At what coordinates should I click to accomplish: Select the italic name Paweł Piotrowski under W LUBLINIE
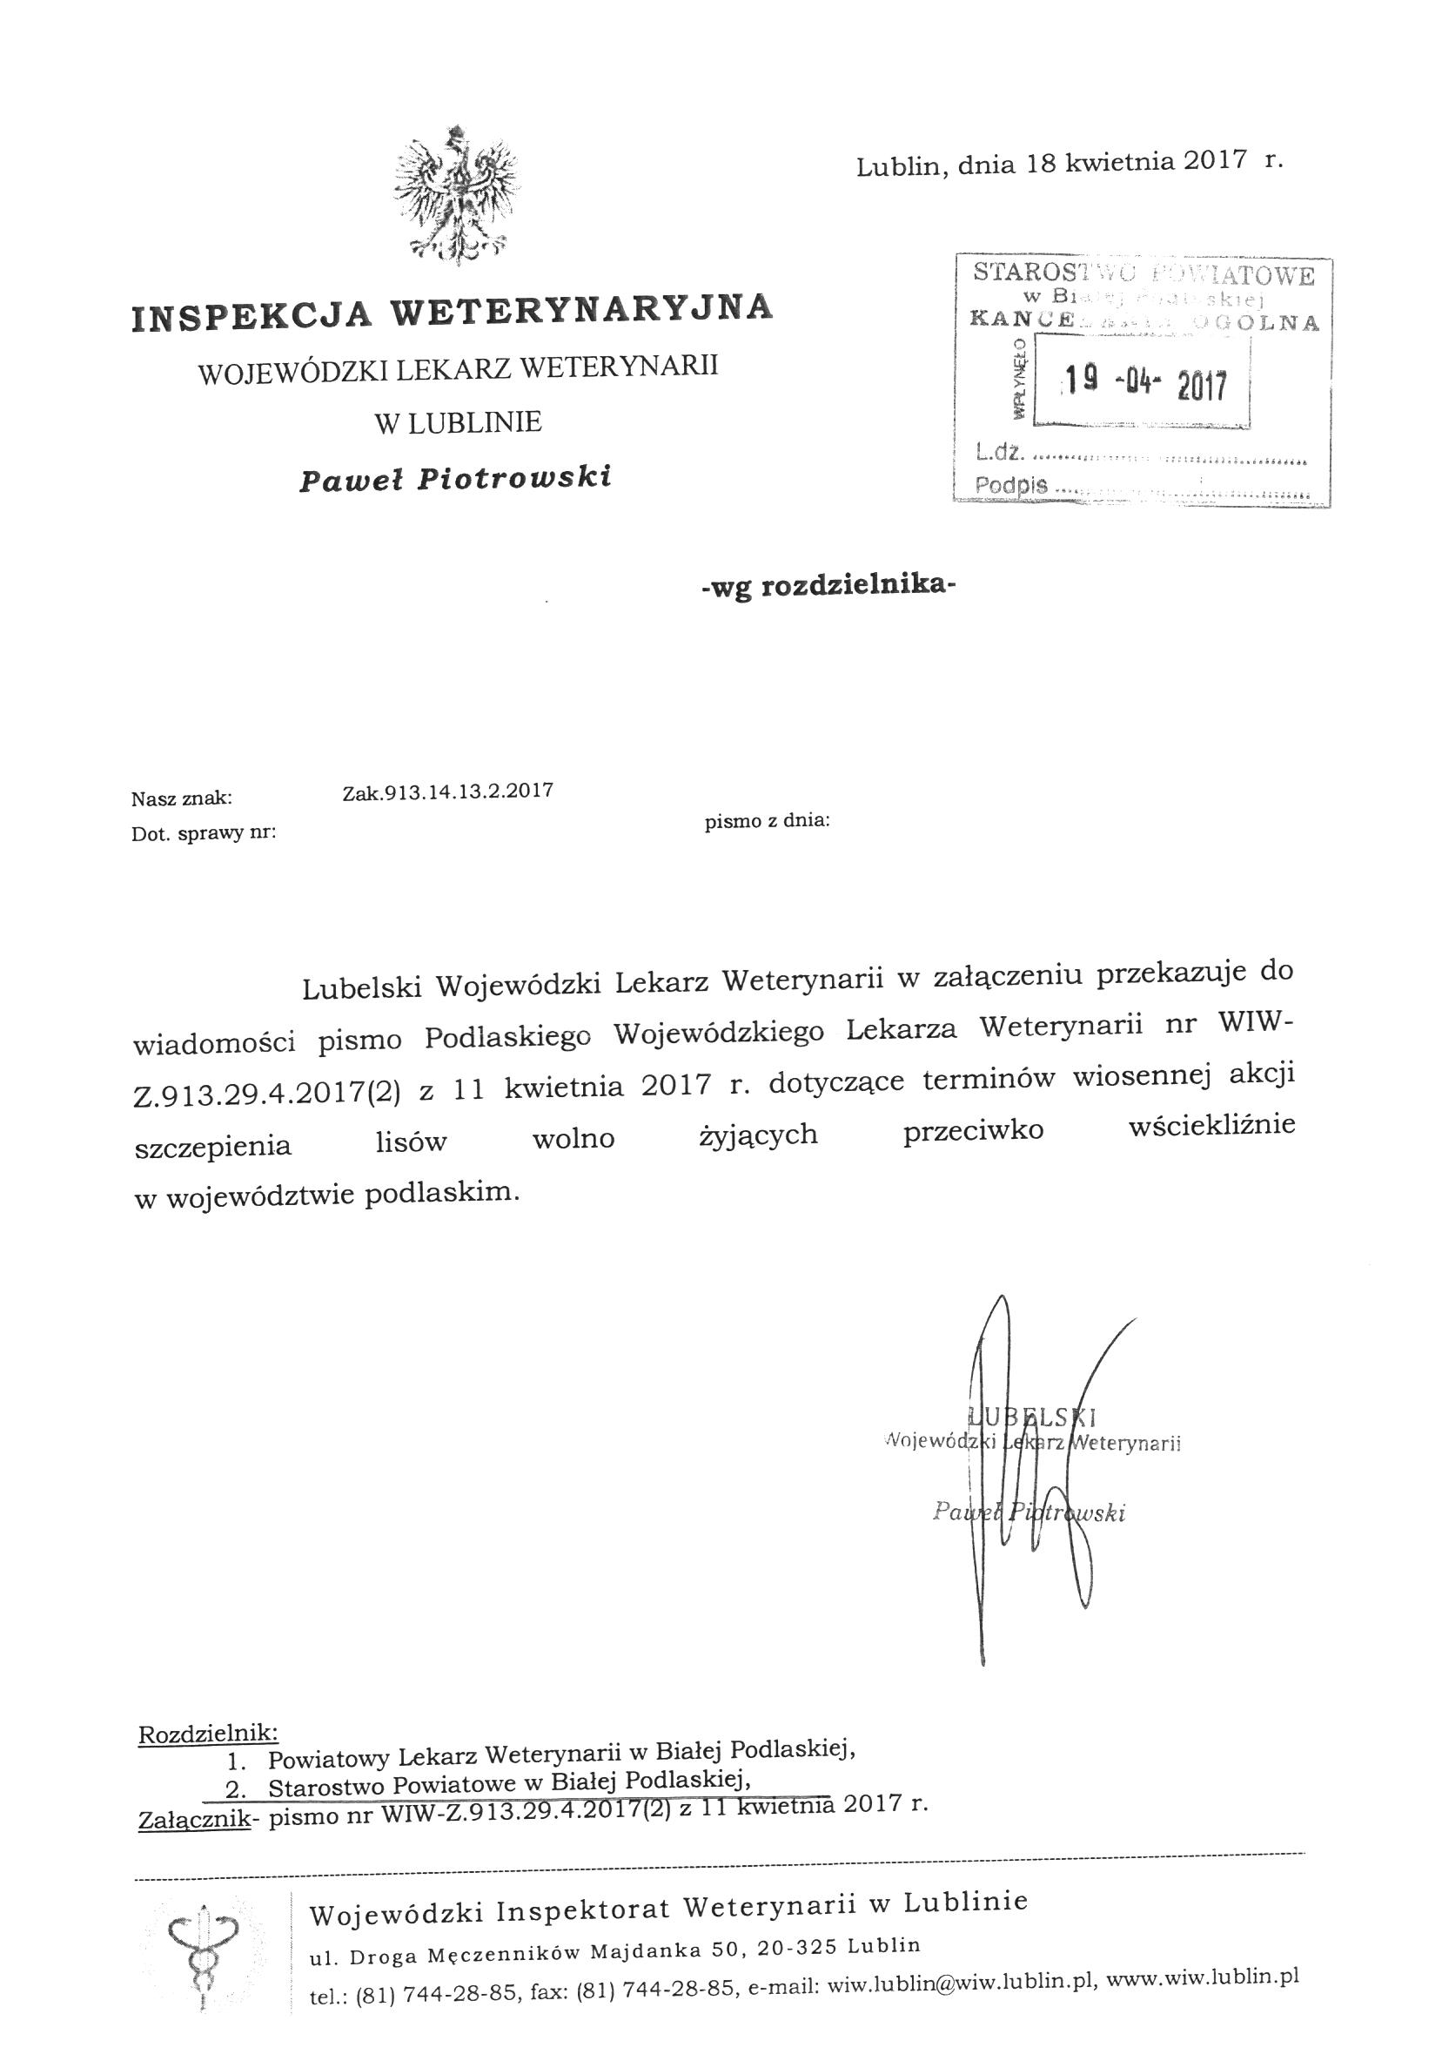pos(456,477)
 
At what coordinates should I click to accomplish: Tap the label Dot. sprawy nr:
pos(204,834)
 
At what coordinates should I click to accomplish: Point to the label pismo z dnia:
pos(768,819)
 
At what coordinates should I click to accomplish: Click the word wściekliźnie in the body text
pos(1211,1126)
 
